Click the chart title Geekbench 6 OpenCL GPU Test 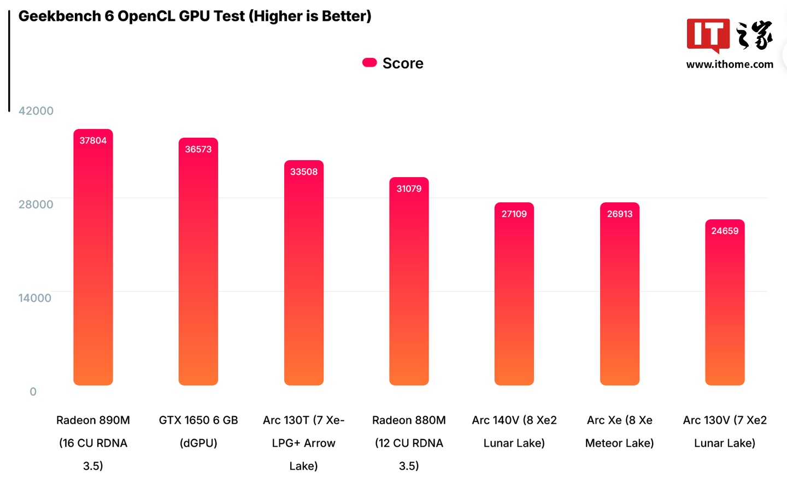(x=195, y=16)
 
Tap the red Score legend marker (x=369, y=63)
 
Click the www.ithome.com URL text (x=730, y=65)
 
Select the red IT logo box (x=708, y=35)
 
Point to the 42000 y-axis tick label (x=36, y=111)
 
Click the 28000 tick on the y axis (x=36, y=204)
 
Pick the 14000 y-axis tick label (x=35, y=298)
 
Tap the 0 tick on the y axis (x=33, y=391)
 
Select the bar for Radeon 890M (x=93, y=262)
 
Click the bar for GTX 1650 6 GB (x=198, y=268)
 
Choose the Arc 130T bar (x=304, y=279)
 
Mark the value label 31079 (x=409, y=189)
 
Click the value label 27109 (x=514, y=214)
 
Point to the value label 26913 (x=620, y=214)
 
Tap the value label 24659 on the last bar (x=725, y=231)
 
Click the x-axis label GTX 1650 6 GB (x=198, y=420)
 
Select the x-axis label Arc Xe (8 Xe (x=620, y=420)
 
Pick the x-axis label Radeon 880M (x=409, y=420)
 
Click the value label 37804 (x=93, y=141)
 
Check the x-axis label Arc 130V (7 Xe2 (x=725, y=420)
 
